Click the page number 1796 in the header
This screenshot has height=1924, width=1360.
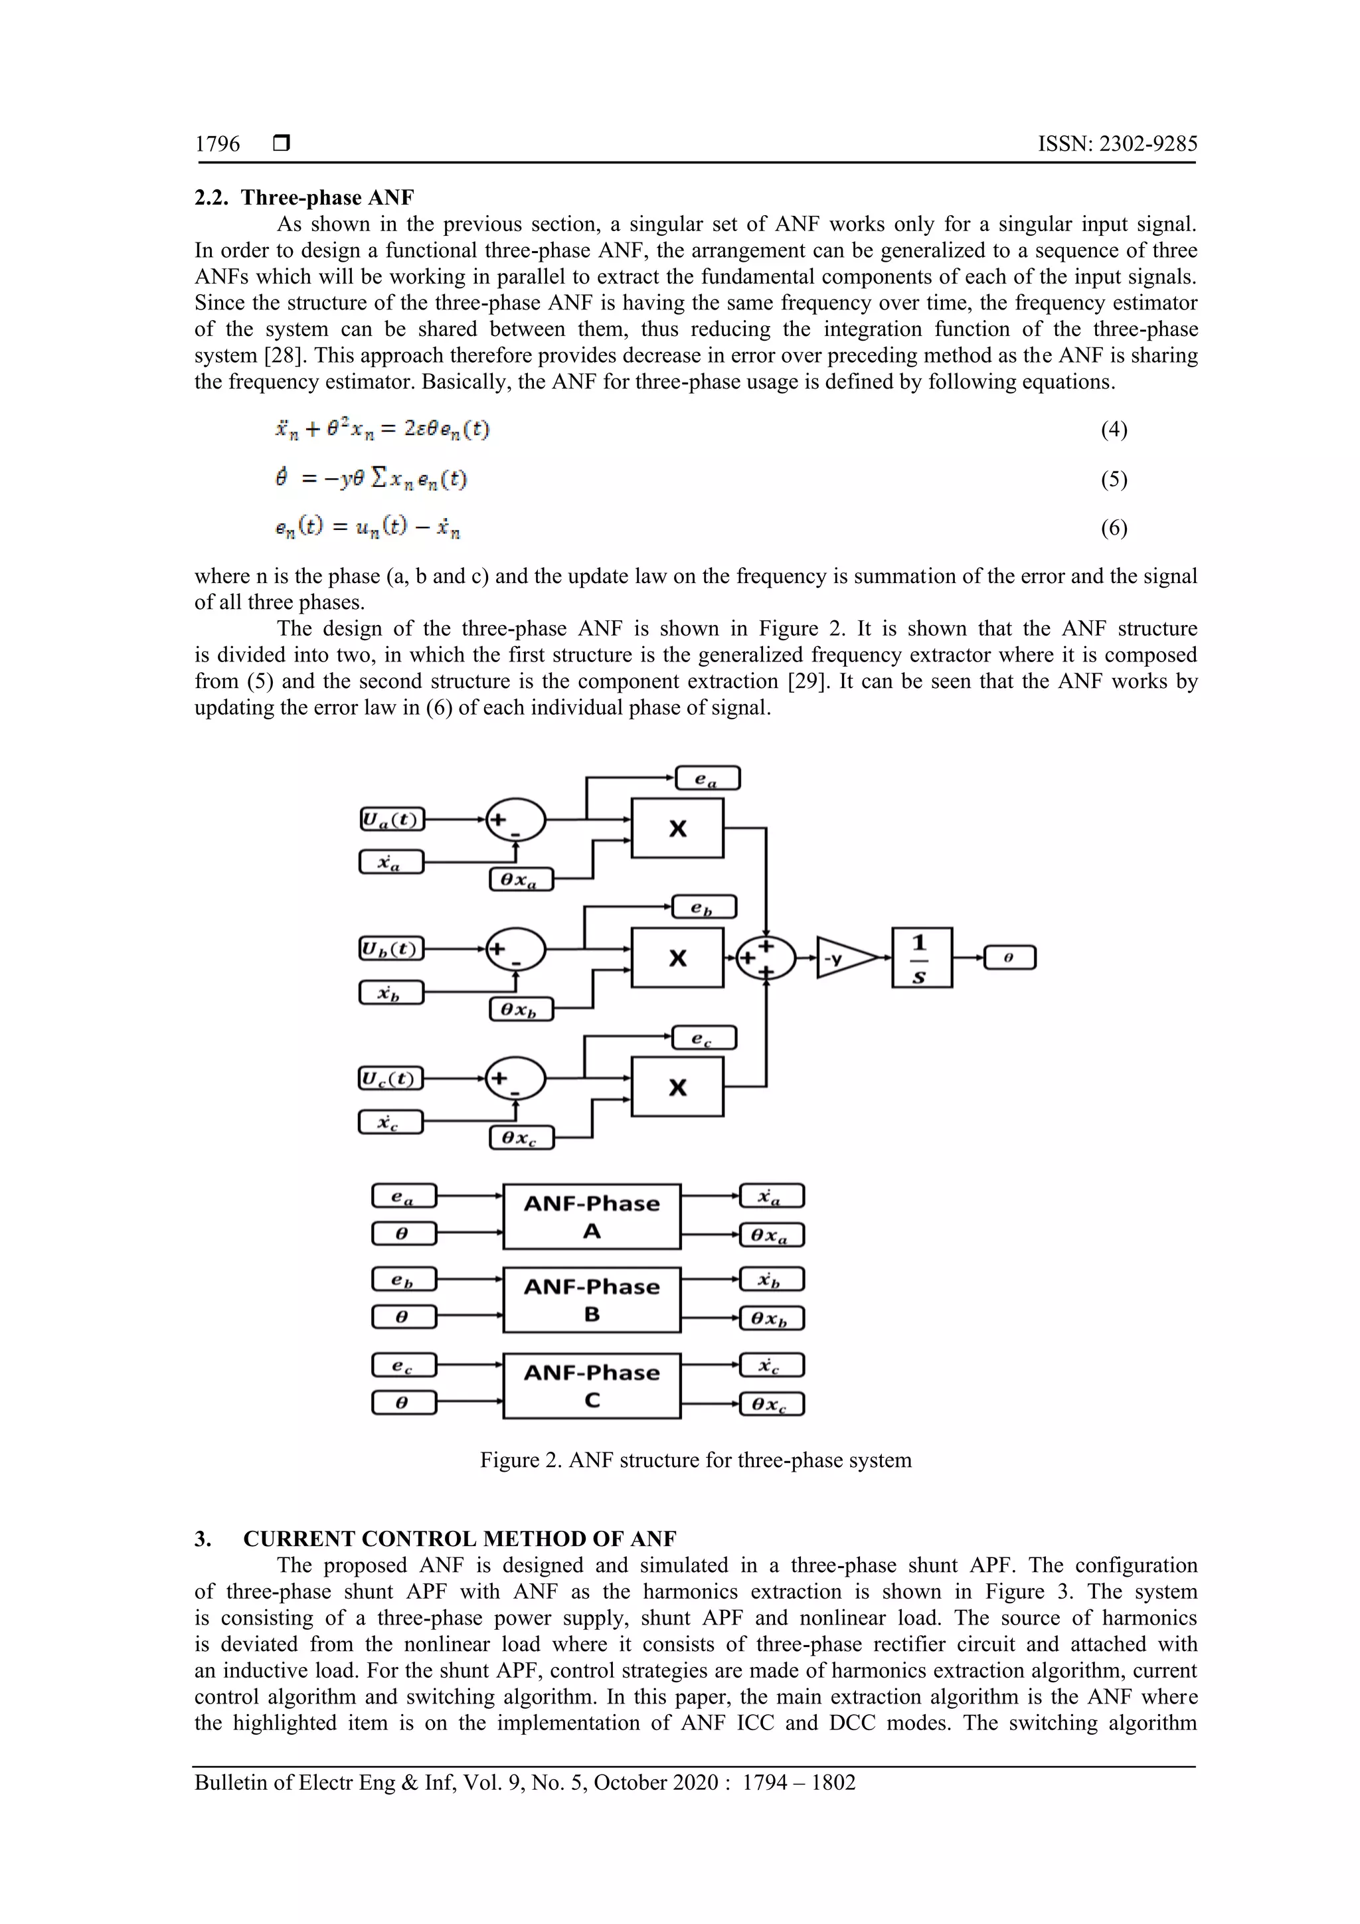click(x=217, y=144)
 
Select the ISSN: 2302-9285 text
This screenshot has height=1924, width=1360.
click(x=1117, y=144)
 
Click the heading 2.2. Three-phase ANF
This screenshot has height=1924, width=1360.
click(x=304, y=197)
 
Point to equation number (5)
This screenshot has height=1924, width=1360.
click(x=1114, y=480)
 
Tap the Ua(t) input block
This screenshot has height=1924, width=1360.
click(x=391, y=819)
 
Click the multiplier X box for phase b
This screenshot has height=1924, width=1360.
click(x=677, y=957)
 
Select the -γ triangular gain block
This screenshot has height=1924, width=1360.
click(x=846, y=958)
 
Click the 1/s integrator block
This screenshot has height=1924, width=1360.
click(x=921, y=957)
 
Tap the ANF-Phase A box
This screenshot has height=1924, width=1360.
click(x=592, y=1216)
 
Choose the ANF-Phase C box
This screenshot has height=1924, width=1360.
click(x=592, y=1385)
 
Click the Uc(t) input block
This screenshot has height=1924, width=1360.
click(x=391, y=1078)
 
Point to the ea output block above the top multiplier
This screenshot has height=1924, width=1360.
click(x=707, y=778)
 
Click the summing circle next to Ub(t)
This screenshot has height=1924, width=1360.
click(x=515, y=950)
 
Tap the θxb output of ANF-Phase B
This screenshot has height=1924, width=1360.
click(x=772, y=1318)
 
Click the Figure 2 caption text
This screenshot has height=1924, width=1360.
click(x=695, y=1460)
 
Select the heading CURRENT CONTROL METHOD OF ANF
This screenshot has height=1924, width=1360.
click(x=459, y=1539)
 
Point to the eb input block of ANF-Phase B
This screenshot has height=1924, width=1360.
click(x=404, y=1280)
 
